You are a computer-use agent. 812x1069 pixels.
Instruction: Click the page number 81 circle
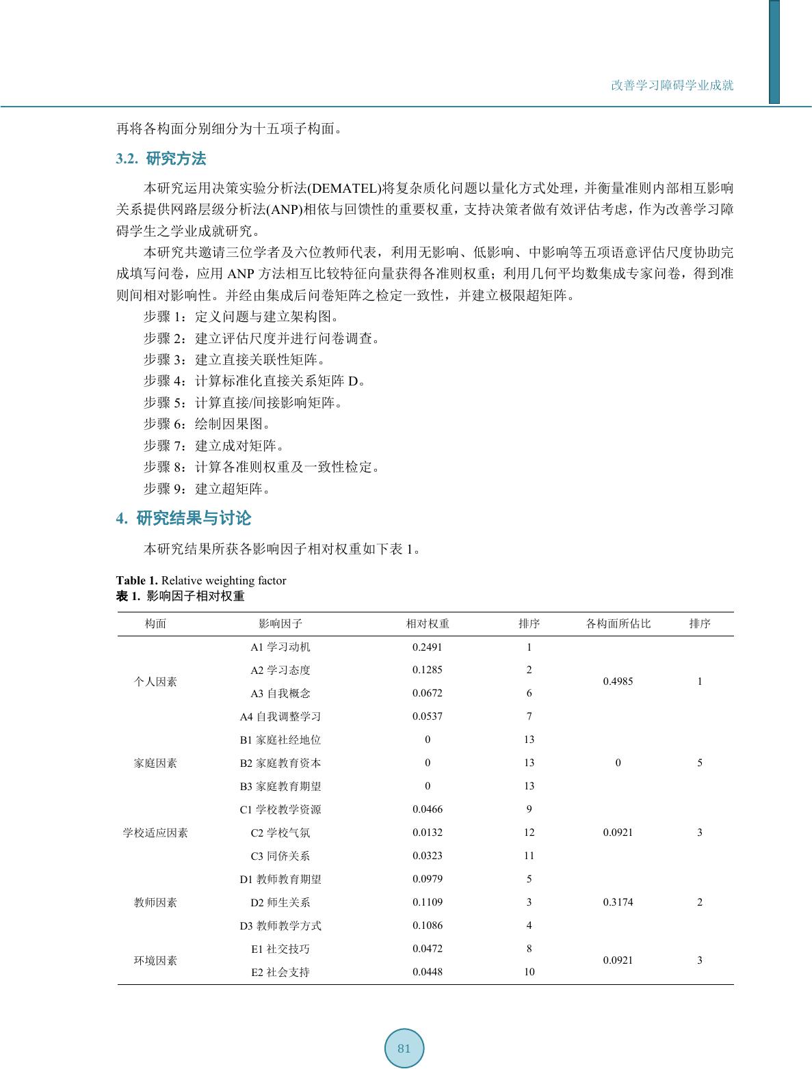click(x=404, y=1048)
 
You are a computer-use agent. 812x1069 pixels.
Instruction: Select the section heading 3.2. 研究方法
click(x=161, y=159)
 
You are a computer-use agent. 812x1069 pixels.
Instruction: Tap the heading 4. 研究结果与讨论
click(x=183, y=519)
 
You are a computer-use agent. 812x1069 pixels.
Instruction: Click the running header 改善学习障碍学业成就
click(x=672, y=85)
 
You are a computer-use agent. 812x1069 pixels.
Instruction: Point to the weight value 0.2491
click(x=428, y=647)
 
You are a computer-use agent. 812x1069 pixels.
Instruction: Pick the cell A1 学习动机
click(x=280, y=647)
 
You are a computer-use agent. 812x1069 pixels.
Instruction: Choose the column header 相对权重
click(x=428, y=623)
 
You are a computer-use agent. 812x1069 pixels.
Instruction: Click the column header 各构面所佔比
click(x=618, y=623)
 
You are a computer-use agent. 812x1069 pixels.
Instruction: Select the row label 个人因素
click(x=155, y=681)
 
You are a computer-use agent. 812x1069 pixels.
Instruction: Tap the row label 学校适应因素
click(x=155, y=833)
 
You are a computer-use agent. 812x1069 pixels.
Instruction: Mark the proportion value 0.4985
click(x=618, y=681)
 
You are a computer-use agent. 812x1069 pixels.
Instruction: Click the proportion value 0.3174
click(x=618, y=902)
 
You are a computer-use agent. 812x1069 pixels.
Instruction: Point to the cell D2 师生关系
click(x=280, y=902)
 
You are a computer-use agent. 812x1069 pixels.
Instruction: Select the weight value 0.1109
click(x=428, y=902)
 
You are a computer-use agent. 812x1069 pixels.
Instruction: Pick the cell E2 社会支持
click(x=280, y=972)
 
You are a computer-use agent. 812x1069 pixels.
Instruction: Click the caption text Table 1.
click(x=137, y=580)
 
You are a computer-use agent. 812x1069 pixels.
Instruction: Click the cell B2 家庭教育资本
click(x=280, y=763)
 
